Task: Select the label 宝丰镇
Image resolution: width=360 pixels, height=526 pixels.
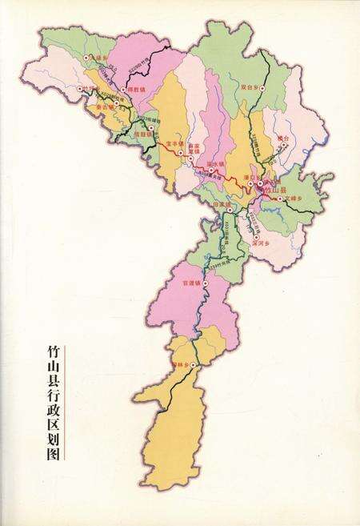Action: tap(174, 144)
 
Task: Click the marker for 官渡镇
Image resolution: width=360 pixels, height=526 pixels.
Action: tap(206, 284)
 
